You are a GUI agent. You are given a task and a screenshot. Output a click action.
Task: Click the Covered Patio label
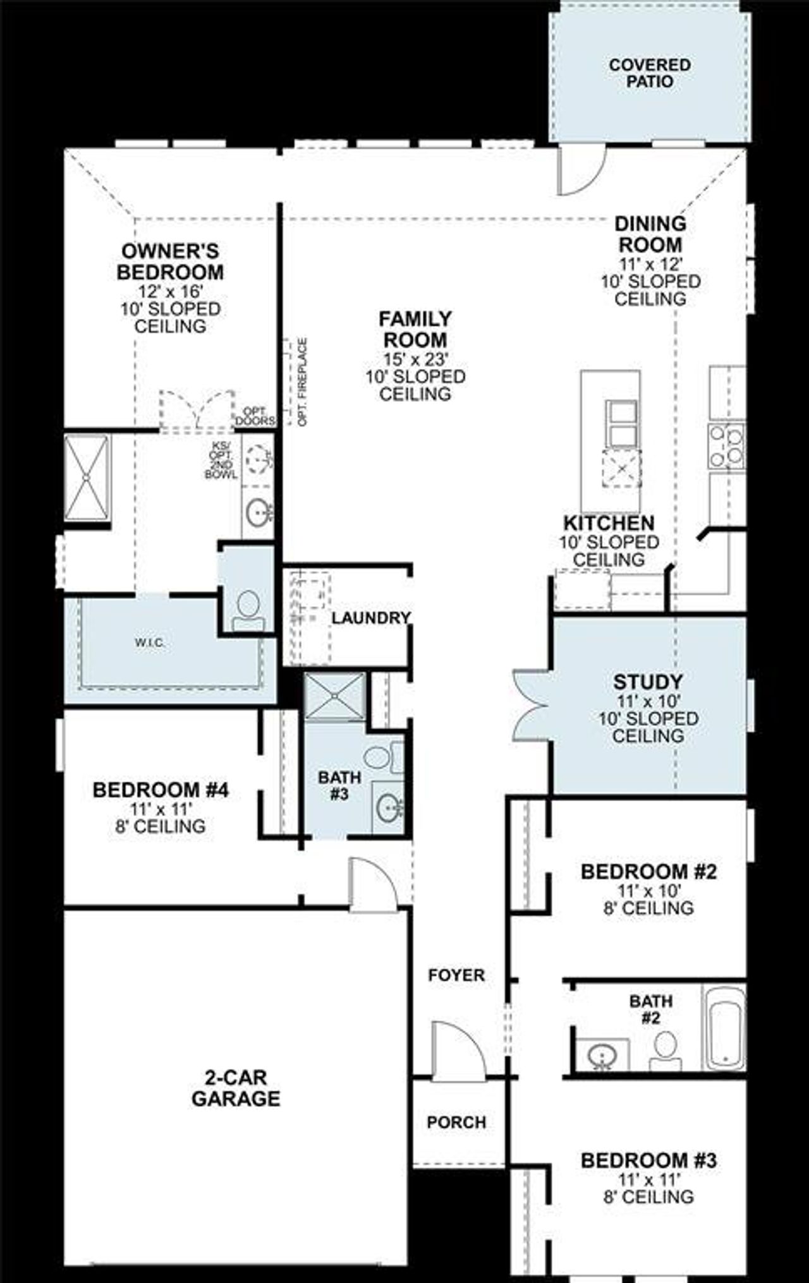pos(650,73)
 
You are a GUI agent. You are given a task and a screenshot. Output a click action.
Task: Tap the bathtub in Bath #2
pos(725,1027)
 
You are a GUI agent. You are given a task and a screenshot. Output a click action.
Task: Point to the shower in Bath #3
pos(334,696)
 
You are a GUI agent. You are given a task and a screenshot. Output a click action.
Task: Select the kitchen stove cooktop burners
pos(726,445)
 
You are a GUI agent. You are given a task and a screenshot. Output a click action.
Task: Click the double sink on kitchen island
pos(621,423)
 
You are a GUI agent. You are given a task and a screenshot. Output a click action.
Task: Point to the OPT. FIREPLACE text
pos(303,382)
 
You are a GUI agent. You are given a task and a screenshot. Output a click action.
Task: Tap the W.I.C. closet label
pos(150,642)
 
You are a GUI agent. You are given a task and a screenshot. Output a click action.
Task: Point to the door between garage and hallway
pos(373,884)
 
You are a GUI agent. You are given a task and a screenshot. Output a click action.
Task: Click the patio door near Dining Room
pos(580,169)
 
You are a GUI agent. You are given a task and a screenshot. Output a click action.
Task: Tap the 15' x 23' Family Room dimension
pos(415,359)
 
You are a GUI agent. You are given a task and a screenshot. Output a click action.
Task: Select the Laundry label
pos(371,618)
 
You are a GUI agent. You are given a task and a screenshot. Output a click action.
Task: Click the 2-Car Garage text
pos(235,1088)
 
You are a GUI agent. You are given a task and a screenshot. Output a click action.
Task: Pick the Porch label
pos(456,1123)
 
